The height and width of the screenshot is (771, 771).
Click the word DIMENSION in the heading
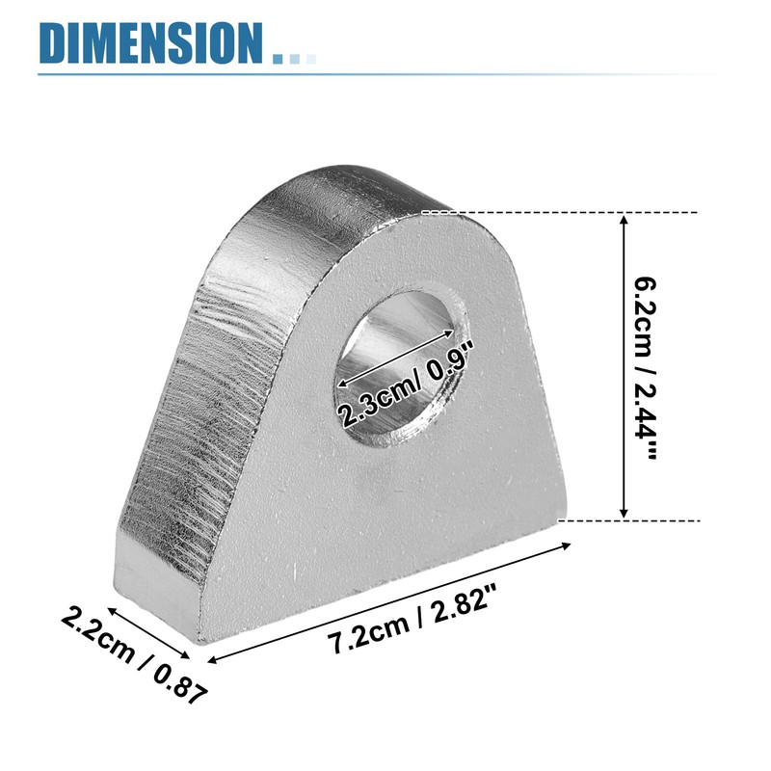(x=150, y=42)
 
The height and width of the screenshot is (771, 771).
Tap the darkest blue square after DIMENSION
(x=278, y=59)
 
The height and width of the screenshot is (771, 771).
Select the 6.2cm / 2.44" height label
(x=644, y=368)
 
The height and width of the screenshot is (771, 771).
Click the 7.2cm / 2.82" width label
(x=412, y=620)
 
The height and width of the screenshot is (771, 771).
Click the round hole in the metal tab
(x=401, y=369)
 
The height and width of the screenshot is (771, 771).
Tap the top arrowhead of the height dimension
(x=625, y=220)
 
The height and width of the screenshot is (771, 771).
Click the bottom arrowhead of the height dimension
(x=624, y=513)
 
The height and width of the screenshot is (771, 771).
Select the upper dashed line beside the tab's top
(x=560, y=212)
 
